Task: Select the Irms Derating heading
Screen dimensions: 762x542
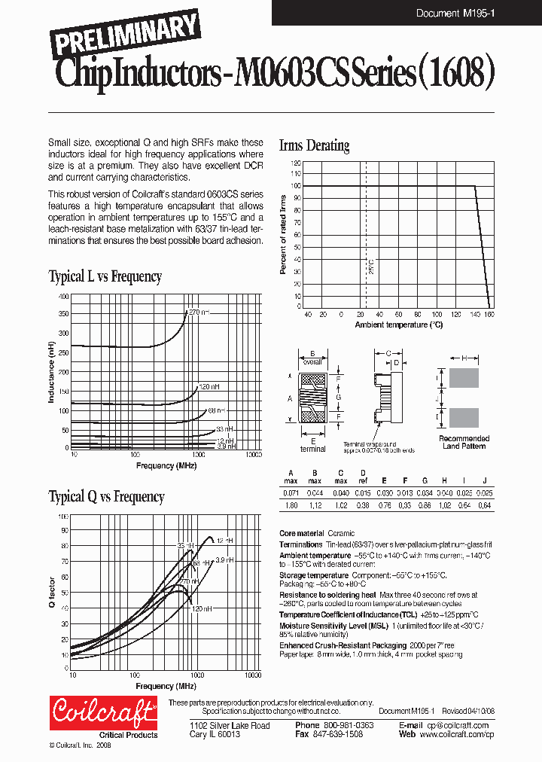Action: click(314, 145)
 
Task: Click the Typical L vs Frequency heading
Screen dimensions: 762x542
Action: click(105, 276)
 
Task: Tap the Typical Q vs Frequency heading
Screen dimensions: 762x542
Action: click(106, 496)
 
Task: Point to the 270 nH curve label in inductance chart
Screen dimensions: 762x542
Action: click(199, 311)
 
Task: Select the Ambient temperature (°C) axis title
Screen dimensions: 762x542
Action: click(399, 325)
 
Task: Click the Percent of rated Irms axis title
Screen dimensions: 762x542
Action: click(284, 234)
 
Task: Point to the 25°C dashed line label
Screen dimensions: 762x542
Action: click(370, 268)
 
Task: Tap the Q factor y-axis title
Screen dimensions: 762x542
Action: click(52, 592)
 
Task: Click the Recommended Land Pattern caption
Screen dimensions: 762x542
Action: click(464, 442)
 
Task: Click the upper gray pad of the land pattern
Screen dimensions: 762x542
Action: click(464, 378)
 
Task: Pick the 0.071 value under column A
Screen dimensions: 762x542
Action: click(290, 492)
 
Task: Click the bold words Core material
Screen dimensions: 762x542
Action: click(301, 533)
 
